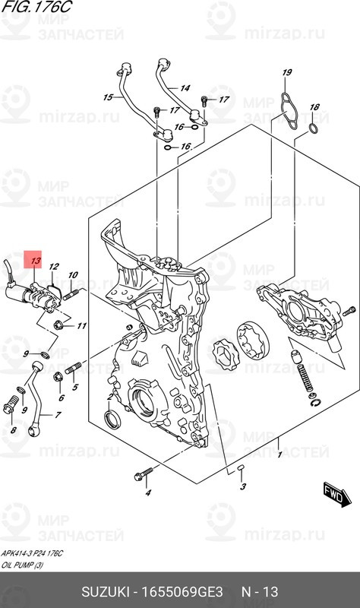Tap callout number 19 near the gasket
[x=287, y=73]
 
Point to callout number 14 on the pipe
[x=185, y=88]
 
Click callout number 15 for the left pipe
[x=108, y=97]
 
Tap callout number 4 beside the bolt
[x=149, y=493]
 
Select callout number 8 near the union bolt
[x=13, y=430]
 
